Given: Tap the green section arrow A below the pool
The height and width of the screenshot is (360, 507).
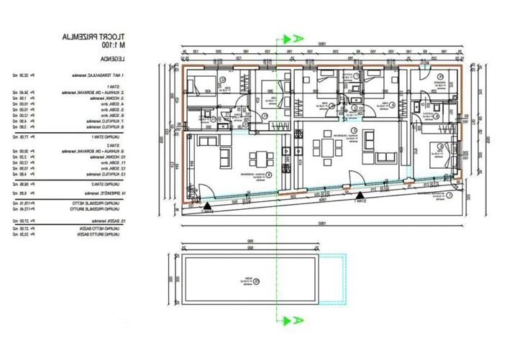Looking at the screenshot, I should [292, 319].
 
